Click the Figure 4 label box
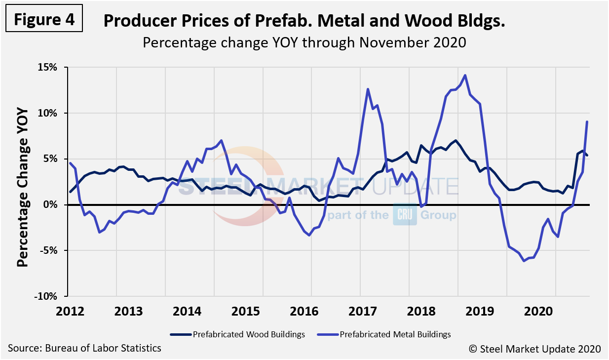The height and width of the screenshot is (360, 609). click(x=44, y=20)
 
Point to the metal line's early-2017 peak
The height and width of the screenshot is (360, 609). click(x=368, y=89)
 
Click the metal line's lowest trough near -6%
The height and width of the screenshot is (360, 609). click(x=524, y=261)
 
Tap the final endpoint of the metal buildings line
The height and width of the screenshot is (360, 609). click(x=587, y=121)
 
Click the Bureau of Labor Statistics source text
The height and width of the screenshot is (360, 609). click(x=84, y=348)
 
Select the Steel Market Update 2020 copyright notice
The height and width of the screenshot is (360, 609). click(x=534, y=349)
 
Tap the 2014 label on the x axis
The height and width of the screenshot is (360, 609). click(x=187, y=312)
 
